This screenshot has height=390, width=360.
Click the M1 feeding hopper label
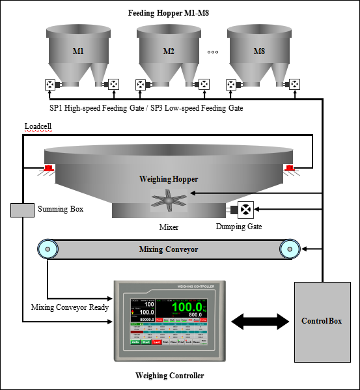(x=77, y=51)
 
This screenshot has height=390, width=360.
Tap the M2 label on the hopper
(x=169, y=51)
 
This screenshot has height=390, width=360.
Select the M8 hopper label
(x=259, y=51)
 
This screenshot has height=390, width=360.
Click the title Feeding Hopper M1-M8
(x=169, y=12)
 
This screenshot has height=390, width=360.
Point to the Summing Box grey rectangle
(x=23, y=210)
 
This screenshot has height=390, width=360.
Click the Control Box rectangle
(x=321, y=322)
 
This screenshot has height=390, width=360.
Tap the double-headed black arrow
(x=260, y=321)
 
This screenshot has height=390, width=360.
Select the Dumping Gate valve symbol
(x=247, y=210)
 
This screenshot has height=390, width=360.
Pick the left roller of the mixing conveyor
(x=46, y=249)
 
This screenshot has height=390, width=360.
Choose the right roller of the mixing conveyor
(x=290, y=249)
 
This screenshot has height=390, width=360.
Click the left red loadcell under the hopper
(x=48, y=170)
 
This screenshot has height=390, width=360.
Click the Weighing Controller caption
(x=169, y=376)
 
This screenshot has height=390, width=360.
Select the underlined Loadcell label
(x=38, y=126)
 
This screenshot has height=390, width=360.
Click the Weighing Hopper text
(x=168, y=178)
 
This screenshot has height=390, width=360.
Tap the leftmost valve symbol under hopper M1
(x=49, y=84)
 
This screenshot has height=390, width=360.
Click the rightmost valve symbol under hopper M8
(x=295, y=84)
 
